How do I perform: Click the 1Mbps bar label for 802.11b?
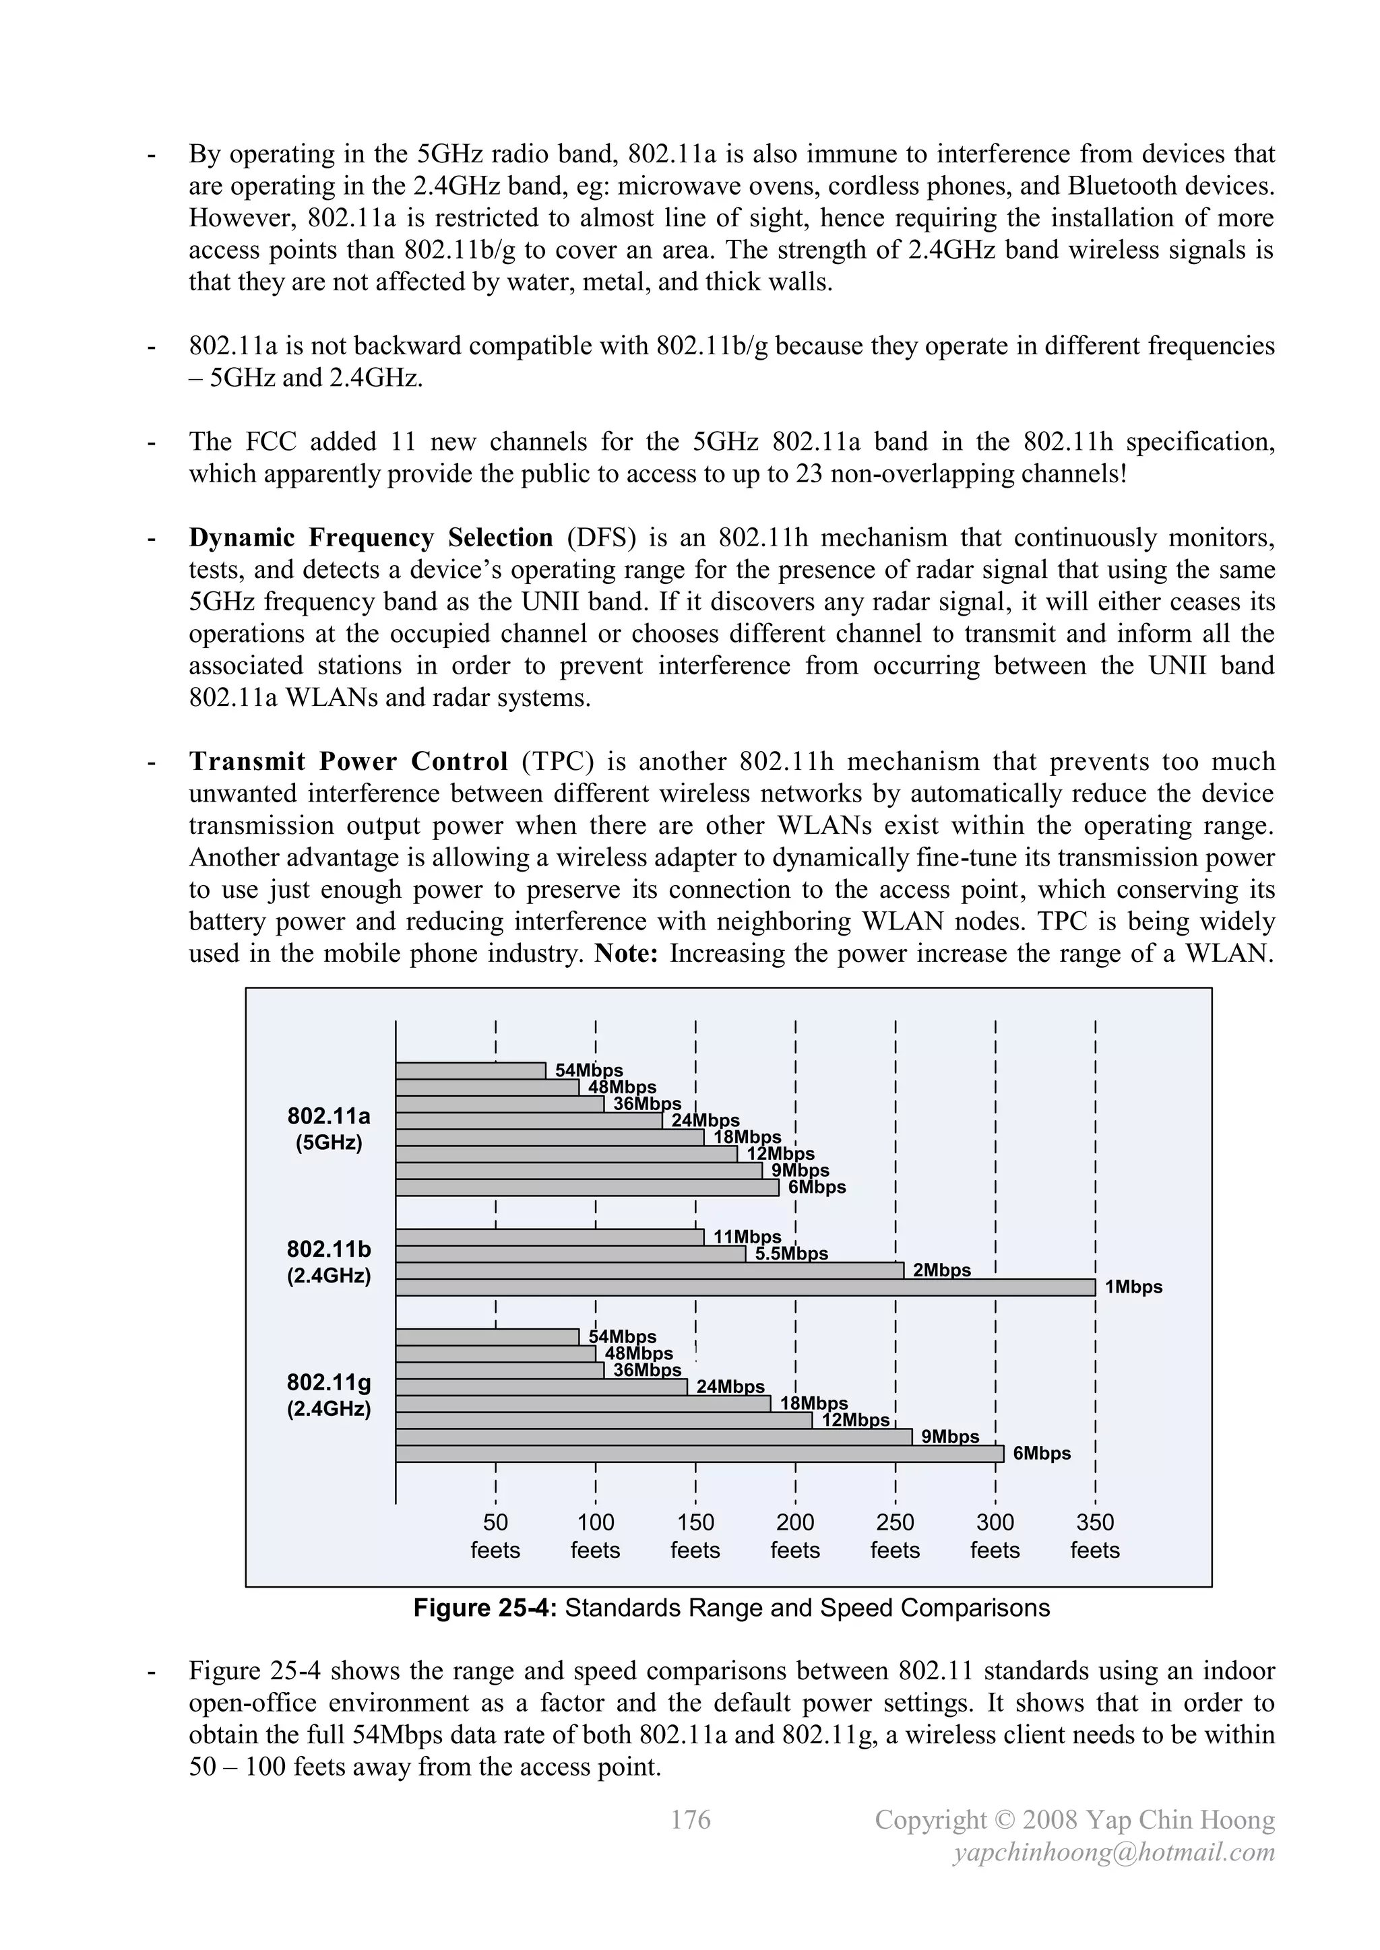pos(1133,1288)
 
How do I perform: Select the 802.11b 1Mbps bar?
pos(745,1288)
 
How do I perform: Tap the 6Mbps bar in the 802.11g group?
pos(699,1454)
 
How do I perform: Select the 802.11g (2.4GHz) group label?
pos(329,1396)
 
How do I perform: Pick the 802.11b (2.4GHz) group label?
pos(329,1262)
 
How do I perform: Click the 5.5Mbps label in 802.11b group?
pos(791,1254)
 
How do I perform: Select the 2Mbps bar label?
pos(941,1270)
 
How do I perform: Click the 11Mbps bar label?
pos(747,1237)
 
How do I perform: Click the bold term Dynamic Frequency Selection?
pos(371,538)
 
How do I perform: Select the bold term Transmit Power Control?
pos(348,762)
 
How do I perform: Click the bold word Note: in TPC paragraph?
pos(626,954)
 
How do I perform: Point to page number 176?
pos(690,1819)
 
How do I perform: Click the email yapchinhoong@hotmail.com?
pos(1114,1852)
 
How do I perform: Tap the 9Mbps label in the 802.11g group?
pos(950,1437)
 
